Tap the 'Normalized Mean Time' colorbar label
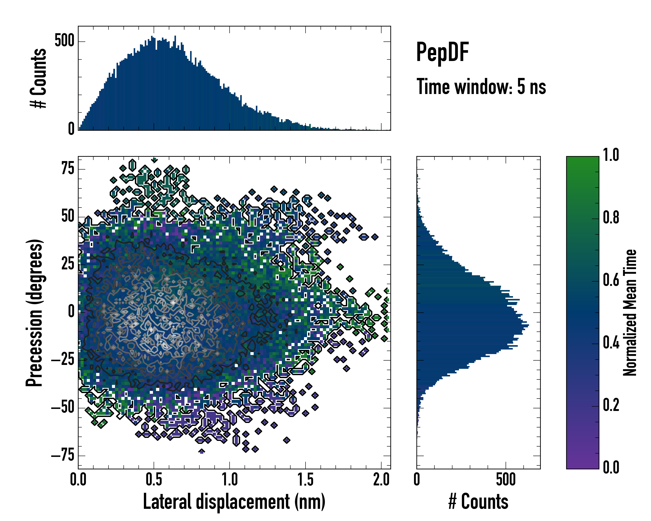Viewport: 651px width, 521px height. (x=630, y=313)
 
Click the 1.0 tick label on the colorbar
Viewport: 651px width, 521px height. (x=611, y=155)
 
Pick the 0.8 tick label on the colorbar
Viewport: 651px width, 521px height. (x=611, y=218)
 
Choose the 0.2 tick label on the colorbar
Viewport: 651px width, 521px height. (x=611, y=405)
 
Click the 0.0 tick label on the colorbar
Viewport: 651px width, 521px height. (x=611, y=467)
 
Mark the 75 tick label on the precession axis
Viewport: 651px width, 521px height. (x=68, y=168)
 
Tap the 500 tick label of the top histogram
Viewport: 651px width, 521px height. (x=64, y=41)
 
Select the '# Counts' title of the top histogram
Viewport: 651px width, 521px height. (x=39, y=78)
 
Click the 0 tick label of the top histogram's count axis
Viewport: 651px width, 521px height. (x=71, y=129)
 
